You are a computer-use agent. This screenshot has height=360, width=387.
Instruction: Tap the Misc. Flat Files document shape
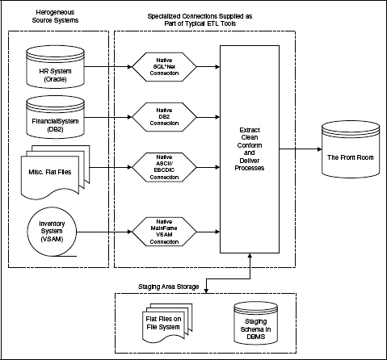coord(55,173)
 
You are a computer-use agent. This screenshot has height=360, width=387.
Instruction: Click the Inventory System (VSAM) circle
coord(52,232)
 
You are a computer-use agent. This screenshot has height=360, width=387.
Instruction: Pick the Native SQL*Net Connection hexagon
coord(164,67)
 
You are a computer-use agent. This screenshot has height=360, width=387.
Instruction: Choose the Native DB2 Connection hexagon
coord(164,117)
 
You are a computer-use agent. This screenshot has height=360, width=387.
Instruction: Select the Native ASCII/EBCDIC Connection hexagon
coord(164,167)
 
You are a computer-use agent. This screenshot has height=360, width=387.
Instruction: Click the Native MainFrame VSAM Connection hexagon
coord(164,232)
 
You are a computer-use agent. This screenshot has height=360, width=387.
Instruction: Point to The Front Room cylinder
coord(351,149)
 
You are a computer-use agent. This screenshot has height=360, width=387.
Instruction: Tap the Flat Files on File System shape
coord(167,323)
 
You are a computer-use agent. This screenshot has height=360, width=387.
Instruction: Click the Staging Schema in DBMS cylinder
coord(255,323)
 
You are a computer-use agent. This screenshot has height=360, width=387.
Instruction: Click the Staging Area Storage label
coord(169,287)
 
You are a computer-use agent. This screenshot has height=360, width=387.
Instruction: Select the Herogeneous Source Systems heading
coord(55,16)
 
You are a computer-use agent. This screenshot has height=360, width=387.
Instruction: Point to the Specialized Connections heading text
coord(200,20)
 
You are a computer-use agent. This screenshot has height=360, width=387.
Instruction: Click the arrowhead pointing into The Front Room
coord(320,149)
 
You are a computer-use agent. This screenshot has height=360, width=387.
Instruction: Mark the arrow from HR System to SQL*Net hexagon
coord(108,66)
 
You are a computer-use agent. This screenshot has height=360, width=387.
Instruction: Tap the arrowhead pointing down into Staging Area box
coord(206,291)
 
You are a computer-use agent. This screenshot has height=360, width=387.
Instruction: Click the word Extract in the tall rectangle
coord(250,130)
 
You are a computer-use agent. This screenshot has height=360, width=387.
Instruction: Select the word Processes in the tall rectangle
coord(250,168)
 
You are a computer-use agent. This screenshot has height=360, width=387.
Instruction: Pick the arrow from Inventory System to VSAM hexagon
coord(104,232)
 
